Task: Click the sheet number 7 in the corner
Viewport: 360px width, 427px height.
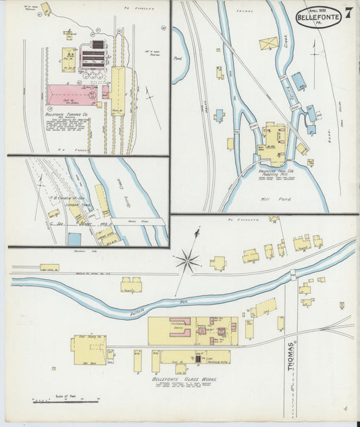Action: coord(347,13)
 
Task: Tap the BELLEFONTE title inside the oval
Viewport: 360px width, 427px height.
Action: coord(318,18)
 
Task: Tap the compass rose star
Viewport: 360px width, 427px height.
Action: coord(188,260)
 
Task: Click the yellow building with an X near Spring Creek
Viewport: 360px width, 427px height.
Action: coord(268,44)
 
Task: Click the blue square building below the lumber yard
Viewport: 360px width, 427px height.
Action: coord(74,239)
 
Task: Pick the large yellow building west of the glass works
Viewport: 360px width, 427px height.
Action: coord(88,350)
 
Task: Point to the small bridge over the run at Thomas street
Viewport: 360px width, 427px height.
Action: coord(292,274)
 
